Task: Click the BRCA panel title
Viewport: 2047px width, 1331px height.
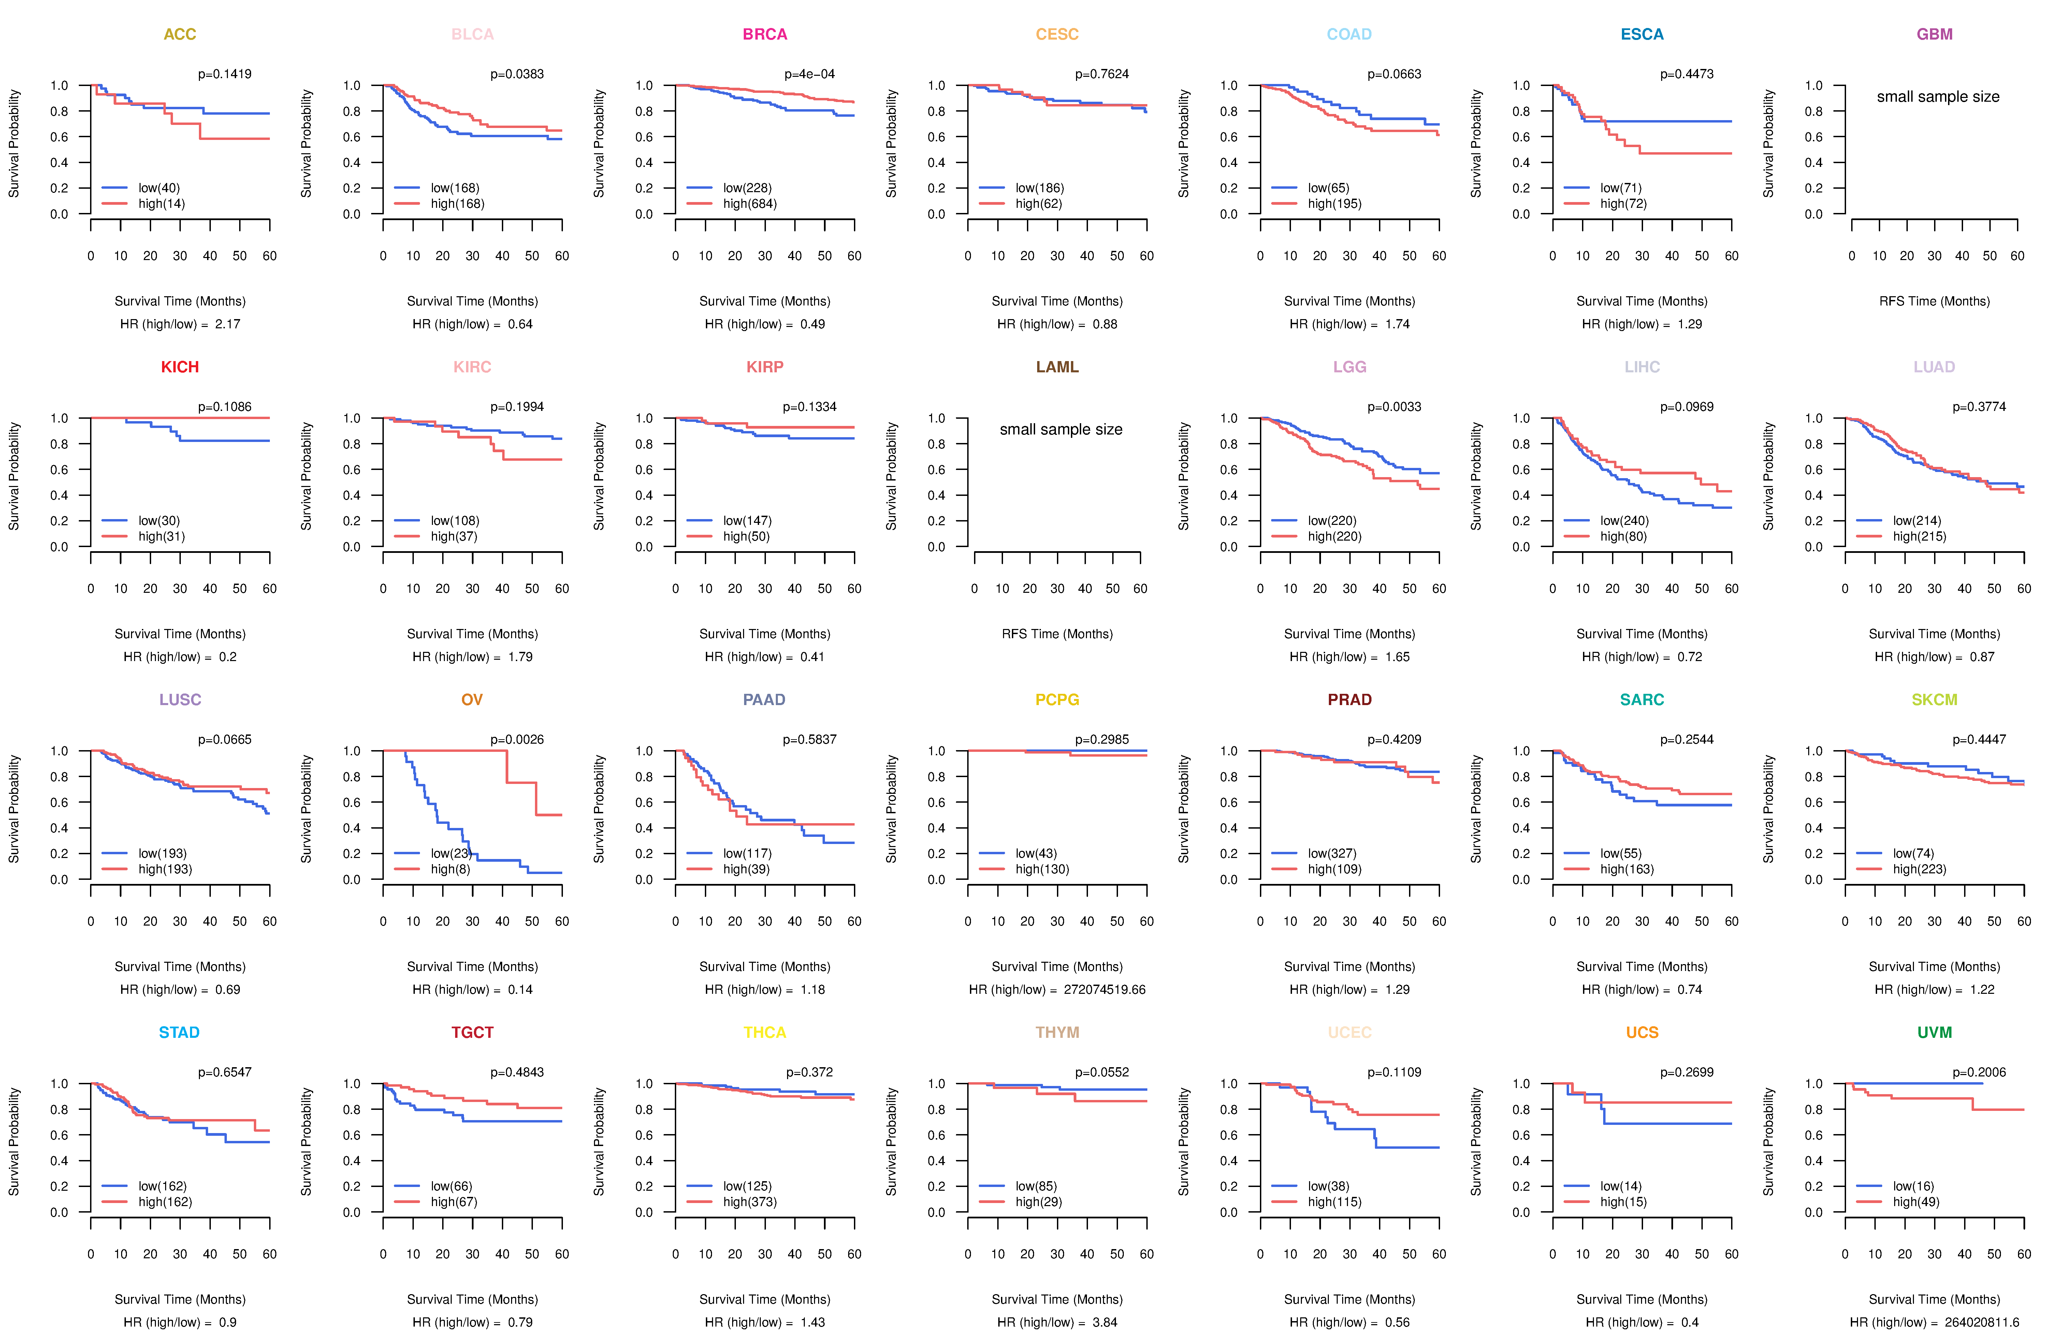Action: [765, 34]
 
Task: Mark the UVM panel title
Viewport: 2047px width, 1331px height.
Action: [1934, 1032]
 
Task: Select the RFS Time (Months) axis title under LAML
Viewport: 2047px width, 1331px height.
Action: [1057, 634]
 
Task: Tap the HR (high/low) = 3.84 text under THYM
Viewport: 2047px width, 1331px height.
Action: [1057, 1322]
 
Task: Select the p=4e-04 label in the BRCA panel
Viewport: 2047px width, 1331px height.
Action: [809, 74]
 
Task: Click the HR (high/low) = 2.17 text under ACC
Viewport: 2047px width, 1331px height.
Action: [180, 324]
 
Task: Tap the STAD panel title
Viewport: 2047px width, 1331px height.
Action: [179, 1032]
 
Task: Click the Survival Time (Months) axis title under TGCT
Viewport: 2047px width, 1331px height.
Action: [472, 1299]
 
